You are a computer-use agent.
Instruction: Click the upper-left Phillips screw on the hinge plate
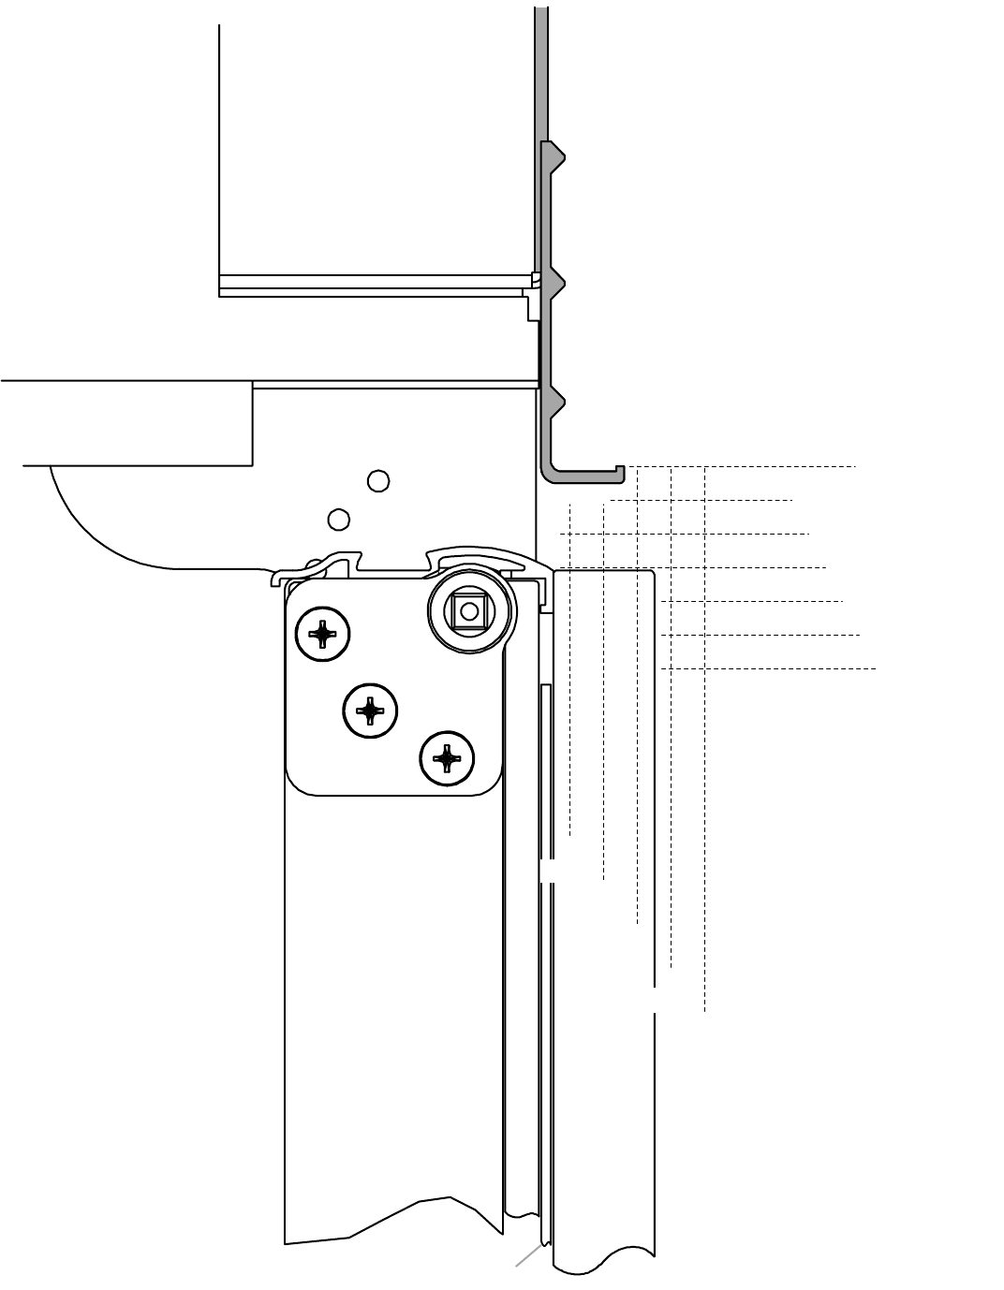pos(323,635)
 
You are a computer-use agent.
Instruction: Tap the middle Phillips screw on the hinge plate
pos(371,711)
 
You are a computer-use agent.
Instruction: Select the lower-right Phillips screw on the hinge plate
pos(448,757)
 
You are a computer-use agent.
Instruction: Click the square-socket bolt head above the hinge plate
pos(469,612)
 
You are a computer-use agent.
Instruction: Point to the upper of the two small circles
pos(378,481)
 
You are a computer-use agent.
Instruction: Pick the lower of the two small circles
pos(339,519)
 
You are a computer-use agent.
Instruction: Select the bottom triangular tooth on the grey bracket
pos(558,404)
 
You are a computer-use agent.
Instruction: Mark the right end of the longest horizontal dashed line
pos(877,669)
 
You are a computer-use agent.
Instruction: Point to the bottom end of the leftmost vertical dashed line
pos(570,835)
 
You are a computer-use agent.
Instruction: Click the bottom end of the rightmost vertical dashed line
pos(704,1012)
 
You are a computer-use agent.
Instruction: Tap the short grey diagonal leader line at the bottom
pos(527,1256)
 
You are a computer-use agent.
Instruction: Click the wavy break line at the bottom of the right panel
pos(604,1260)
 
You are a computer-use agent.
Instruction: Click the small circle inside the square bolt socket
pos(469,612)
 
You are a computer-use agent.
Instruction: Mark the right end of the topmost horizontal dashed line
pos(855,466)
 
